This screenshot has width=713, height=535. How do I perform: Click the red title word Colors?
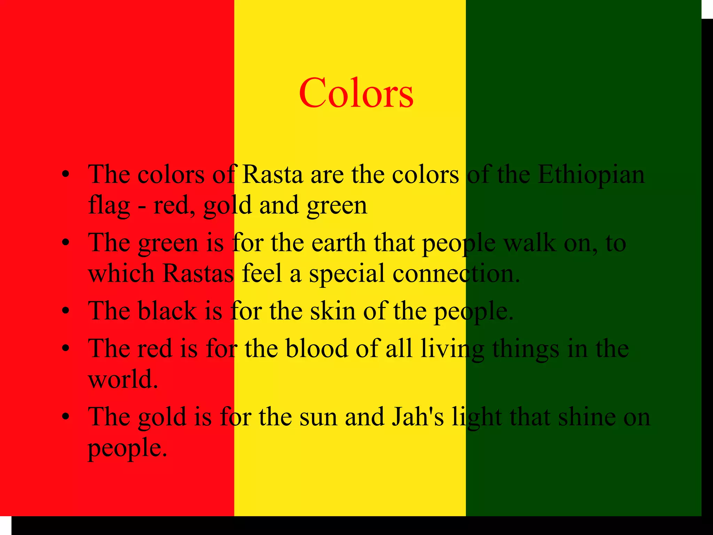point(356,93)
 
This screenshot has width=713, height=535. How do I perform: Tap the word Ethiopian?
point(591,174)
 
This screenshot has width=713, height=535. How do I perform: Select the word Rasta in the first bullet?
point(272,174)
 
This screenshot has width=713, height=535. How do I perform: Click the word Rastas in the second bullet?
point(198,273)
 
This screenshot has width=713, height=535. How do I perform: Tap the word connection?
point(456,273)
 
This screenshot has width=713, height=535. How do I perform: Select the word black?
point(167,310)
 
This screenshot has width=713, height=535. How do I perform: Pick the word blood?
point(317,348)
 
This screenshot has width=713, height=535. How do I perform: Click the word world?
point(123,379)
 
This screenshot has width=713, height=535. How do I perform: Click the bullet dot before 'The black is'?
point(65,311)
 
